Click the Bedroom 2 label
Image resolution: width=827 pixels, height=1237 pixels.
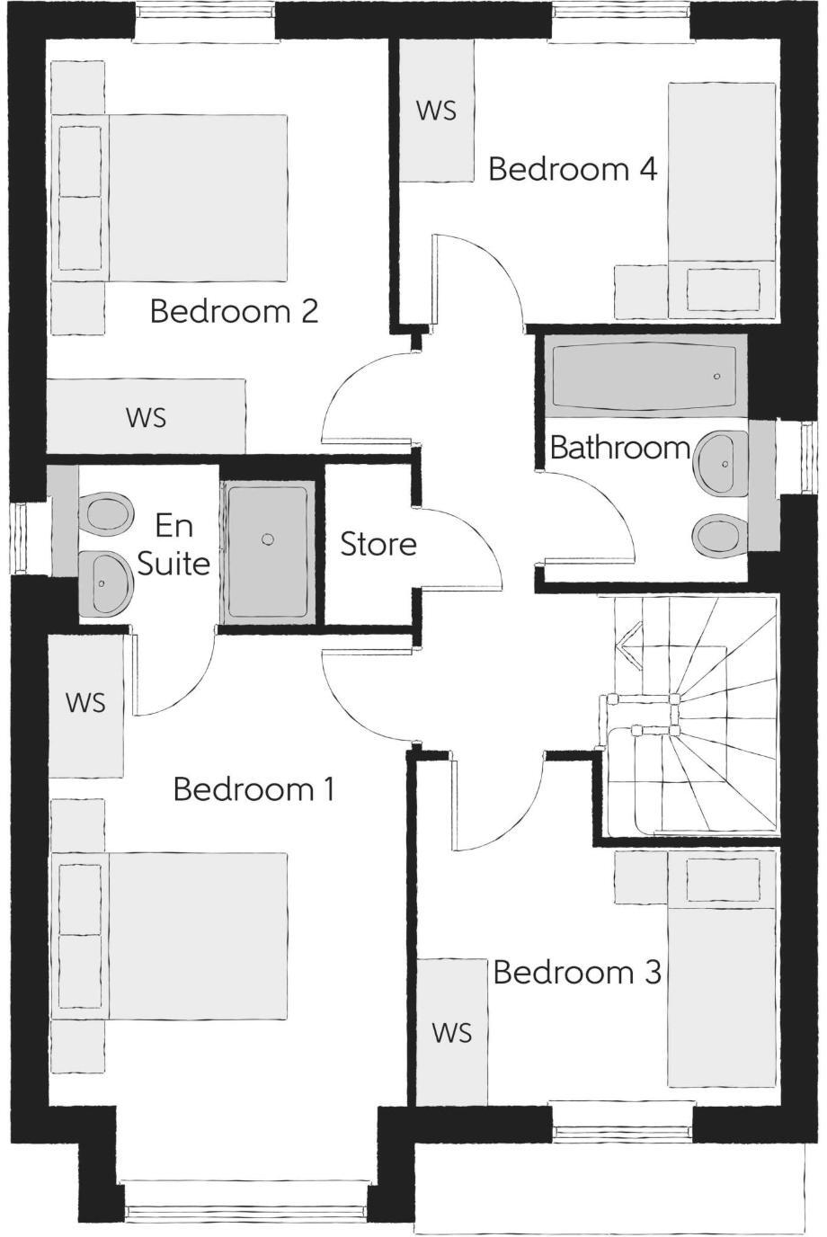[234, 312]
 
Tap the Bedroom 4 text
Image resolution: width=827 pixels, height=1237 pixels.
[572, 169]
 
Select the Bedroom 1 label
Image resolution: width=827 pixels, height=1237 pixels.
[253, 789]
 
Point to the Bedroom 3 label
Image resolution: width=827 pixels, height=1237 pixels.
[577, 972]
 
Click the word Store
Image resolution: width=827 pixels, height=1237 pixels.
[378, 544]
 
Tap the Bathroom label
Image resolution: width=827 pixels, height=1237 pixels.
[619, 447]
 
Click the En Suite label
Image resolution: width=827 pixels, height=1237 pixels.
[173, 544]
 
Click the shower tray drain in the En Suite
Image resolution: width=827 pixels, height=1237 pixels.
[267, 538]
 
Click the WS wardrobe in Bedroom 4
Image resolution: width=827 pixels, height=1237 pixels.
[437, 110]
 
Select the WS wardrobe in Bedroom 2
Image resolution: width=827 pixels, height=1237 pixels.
[146, 417]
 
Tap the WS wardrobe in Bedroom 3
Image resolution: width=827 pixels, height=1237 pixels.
[451, 1033]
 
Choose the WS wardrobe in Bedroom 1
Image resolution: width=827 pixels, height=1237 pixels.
[85, 703]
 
